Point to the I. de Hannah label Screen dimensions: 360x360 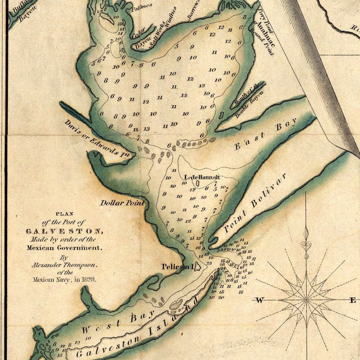[202, 177]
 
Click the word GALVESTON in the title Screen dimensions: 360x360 [64, 230]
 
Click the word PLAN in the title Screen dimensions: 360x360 [63, 214]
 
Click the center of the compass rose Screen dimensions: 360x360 [306, 298]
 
